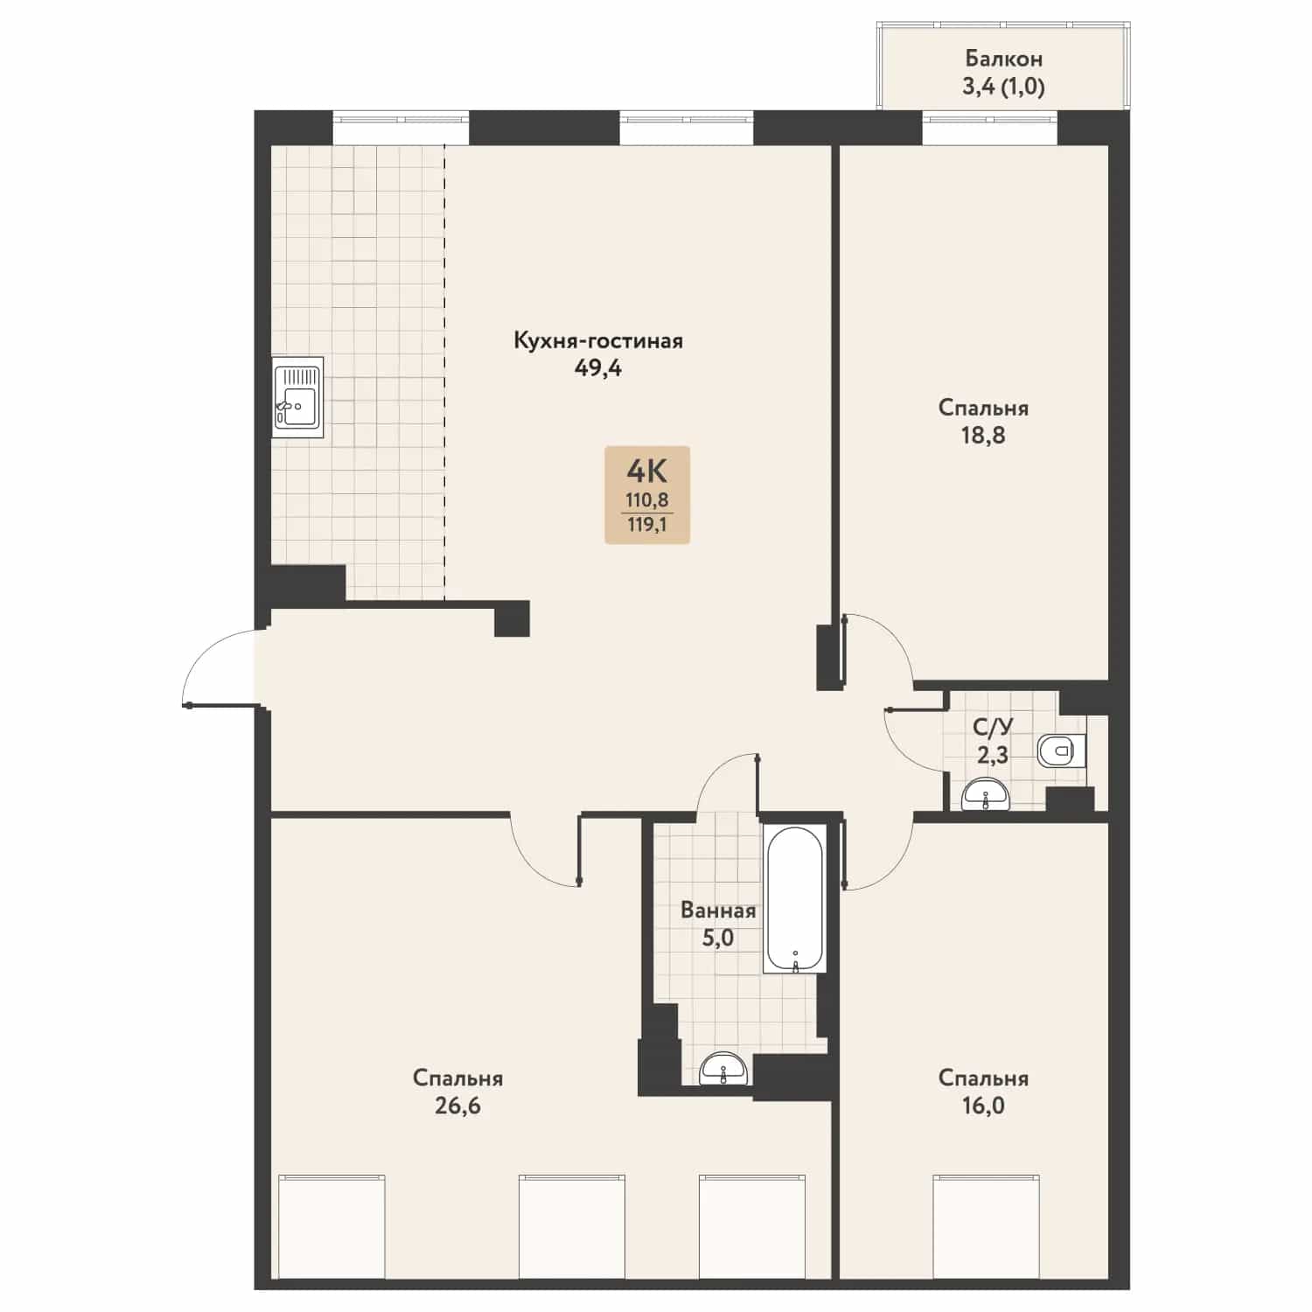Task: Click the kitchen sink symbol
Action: (x=297, y=397)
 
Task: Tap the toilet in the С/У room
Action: (x=1061, y=750)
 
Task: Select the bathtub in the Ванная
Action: (x=794, y=898)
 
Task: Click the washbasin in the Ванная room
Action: (x=724, y=1068)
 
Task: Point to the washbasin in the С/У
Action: (x=986, y=796)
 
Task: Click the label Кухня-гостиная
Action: (x=598, y=341)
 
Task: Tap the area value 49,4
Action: (x=598, y=368)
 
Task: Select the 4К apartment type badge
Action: (x=647, y=495)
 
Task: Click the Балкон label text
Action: (x=1003, y=59)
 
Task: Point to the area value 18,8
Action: (x=983, y=435)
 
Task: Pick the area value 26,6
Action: (x=457, y=1106)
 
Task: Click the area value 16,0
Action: (x=983, y=1106)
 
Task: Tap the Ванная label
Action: (x=718, y=911)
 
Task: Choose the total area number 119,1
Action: (x=647, y=526)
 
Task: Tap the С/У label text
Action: (x=993, y=726)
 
